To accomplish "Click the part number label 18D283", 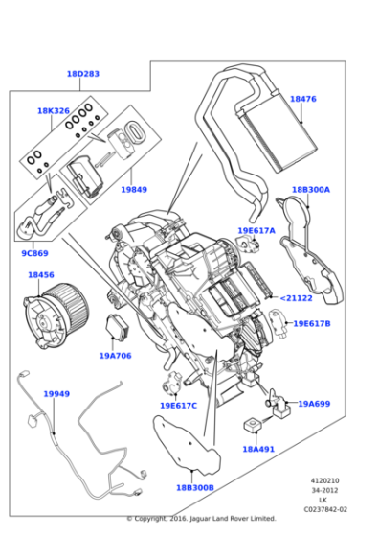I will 83,74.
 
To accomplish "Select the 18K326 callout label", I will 54,111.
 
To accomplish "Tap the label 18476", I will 302,99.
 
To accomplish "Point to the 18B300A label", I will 310,190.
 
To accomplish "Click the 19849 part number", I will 134,190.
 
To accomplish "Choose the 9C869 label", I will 35,253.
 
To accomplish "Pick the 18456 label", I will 40,275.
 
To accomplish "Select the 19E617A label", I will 256,230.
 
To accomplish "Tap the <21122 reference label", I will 296,298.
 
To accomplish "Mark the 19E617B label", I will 311,324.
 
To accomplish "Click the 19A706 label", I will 115,355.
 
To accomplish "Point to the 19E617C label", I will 178,405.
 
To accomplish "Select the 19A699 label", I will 313,404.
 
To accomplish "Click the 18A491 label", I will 257,448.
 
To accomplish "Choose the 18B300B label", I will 194,487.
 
